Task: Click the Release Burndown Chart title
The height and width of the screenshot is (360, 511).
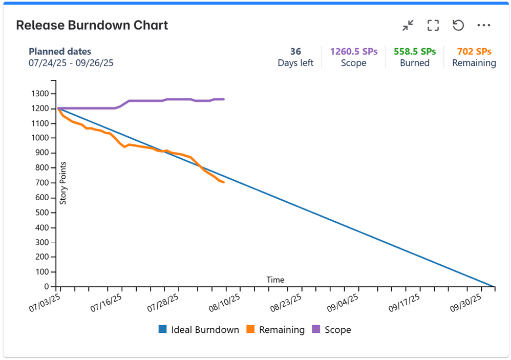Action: [92, 25]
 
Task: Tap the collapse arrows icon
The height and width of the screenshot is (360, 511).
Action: [408, 26]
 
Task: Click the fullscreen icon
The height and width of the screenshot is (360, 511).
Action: [433, 26]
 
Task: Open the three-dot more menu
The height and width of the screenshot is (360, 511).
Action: [483, 26]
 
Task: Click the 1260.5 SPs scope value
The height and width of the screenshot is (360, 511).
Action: [354, 51]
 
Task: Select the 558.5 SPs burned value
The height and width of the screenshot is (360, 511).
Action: [415, 51]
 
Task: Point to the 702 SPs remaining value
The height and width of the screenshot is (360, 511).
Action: [474, 51]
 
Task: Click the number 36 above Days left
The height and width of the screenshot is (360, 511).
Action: [295, 51]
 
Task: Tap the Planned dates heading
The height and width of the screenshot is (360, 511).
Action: [60, 51]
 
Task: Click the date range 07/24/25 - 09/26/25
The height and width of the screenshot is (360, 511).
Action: [71, 63]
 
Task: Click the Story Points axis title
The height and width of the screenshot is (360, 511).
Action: [63, 183]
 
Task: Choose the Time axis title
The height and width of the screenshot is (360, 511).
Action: [275, 280]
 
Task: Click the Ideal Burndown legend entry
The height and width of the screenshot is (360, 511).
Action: [199, 330]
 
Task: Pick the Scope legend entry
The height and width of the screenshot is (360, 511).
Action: [332, 330]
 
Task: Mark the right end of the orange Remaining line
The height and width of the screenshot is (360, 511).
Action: [224, 182]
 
